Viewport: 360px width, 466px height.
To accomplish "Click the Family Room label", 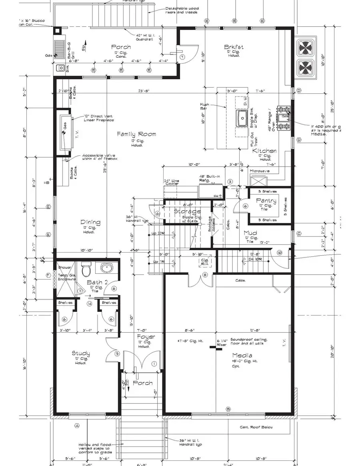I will point(136,135).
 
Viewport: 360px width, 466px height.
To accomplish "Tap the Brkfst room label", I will point(234,47).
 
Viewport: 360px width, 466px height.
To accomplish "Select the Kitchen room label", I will point(264,151).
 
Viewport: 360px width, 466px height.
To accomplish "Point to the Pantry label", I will point(266,201).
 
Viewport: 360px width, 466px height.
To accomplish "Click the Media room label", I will point(242,356).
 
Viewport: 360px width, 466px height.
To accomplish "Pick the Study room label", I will point(81,353).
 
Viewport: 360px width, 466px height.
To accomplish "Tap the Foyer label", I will point(146,337).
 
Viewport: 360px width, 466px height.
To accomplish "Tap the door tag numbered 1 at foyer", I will point(154,364).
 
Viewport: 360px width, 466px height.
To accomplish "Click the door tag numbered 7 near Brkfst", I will point(182,57).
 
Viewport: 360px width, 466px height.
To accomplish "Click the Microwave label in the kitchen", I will point(259,171).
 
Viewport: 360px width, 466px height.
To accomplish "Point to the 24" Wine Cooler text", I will point(171,182).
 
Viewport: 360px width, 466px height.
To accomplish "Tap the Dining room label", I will point(91,223).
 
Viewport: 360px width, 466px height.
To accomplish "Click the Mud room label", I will point(250,233).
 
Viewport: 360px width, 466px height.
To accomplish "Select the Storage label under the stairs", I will point(188,211).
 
